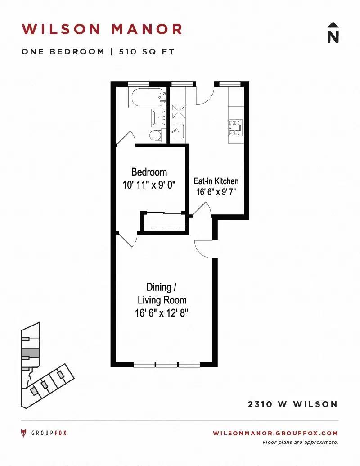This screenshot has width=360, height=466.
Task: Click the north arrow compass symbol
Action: click(x=333, y=32)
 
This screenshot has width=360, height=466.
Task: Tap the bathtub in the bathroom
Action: click(x=148, y=97)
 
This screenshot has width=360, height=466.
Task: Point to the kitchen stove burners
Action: click(x=235, y=127)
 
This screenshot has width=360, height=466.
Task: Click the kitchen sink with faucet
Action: click(x=178, y=131)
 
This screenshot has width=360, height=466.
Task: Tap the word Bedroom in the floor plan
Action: click(x=149, y=172)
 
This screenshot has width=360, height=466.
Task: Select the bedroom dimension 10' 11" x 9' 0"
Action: click(x=149, y=185)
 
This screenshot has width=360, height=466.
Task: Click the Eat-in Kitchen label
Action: click(x=216, y=181)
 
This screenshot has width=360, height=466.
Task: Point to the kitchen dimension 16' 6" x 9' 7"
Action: click(x=216, y=192)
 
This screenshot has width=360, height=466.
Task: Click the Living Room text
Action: click(x=162, y=300)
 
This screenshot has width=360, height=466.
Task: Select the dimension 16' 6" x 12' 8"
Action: click(x=162, y=312)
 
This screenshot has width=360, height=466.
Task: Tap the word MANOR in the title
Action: click(x=147, y=29)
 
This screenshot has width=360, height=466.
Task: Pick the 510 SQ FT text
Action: click(x=146, y=51)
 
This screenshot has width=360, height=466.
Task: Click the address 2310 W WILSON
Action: click(x=293, y=404)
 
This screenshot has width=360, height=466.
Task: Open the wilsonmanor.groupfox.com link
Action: click(x=275, y=433)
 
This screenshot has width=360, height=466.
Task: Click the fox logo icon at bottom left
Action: click(x=24, y=433)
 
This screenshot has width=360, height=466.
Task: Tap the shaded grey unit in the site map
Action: click(x=30, y=353)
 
